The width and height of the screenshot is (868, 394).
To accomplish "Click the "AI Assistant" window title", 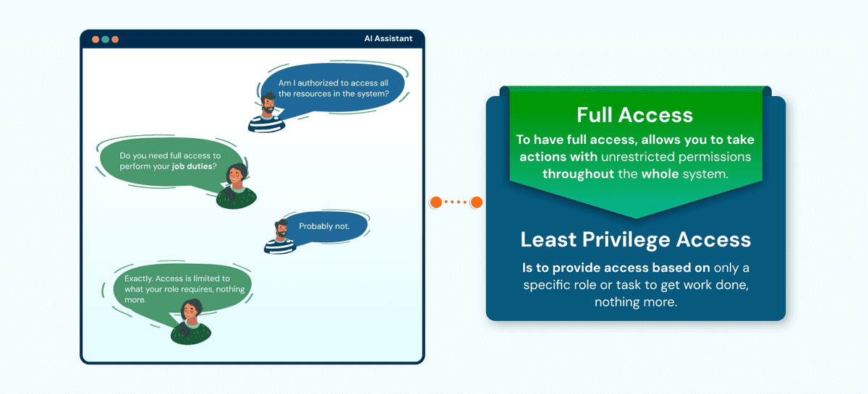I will coord(389,38).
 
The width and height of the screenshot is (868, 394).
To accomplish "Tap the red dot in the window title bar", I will coord(95,39).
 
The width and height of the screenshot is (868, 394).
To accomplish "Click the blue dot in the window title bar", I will coord(106,39).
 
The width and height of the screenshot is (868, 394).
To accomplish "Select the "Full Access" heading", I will coord(634,115).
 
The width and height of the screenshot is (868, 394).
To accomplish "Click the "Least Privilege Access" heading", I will coord(635,239).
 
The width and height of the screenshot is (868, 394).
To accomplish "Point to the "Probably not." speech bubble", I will coord(324,226).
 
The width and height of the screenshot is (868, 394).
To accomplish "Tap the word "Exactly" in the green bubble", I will coord(138,278).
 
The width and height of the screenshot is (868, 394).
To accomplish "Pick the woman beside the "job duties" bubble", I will coord(237,186).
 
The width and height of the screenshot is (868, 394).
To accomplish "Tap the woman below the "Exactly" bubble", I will coord(191,322).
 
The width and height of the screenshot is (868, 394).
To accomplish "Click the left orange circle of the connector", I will coord(435,202).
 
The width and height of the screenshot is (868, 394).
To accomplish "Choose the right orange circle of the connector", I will coord(477,202).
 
